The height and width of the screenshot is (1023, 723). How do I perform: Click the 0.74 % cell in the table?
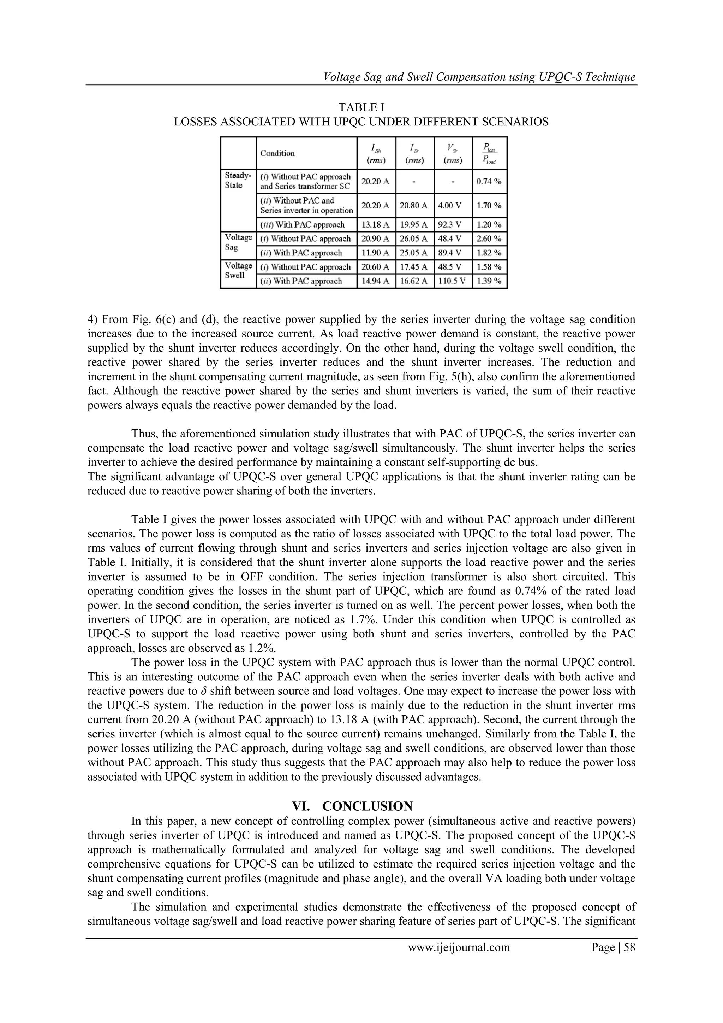[489, 181]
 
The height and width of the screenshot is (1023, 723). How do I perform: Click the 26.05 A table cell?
[414, 239]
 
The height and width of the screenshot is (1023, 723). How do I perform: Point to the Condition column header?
[277, 153]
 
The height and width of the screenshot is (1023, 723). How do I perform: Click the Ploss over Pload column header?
[489, 154]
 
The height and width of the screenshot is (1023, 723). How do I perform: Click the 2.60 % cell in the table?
[489, 239]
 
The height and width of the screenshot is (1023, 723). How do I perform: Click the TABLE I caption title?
[361, 107]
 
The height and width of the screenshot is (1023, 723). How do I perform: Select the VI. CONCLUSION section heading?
[352, 806]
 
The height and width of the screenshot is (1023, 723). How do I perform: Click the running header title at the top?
[479, 77]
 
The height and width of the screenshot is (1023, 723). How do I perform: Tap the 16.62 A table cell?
[414, 281]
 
